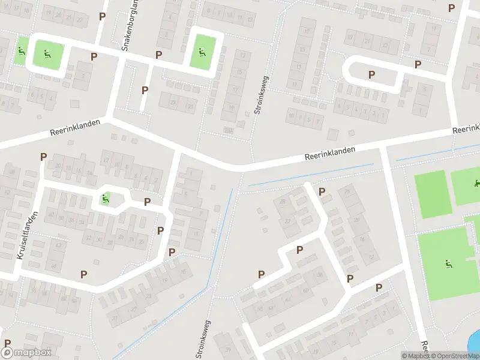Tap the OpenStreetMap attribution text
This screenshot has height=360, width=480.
pyautogui.click(x=455, y=356)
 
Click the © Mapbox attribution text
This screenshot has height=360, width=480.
pyautogui.click(x=415, y=356)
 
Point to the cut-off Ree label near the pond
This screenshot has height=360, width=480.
pyautogui.click(x=424, y=348)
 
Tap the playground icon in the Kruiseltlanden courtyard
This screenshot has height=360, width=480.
pyautogui.click(x=105, y=199)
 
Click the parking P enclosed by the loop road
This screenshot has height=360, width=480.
pyautogui.click(x=371, y=74)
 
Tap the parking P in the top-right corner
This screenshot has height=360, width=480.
pyautogui.click(x=451, y=8)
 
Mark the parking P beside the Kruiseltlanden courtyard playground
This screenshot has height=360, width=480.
pyautogui.click(x=146, y=202)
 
